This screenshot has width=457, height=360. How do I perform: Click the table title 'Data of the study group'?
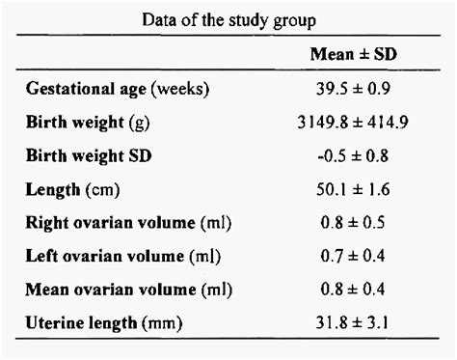pos(228,21)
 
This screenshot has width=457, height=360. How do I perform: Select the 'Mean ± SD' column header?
pos(353,54)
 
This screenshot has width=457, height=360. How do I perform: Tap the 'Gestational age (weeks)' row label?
pos(118,89)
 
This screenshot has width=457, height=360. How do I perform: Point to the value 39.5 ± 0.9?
pos(353,89)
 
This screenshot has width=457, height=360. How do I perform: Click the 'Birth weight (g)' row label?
pos(88,123)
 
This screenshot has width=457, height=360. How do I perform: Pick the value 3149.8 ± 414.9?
pos(353,123)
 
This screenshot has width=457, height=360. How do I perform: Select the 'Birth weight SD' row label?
pos(89,156)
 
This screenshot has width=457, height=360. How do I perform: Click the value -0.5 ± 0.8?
pos(353,155)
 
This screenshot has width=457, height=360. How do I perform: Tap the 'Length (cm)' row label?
pos(72,189)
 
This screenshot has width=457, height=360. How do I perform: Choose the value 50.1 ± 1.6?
pos(353,189)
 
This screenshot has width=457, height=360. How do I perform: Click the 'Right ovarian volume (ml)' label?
pos(128,223)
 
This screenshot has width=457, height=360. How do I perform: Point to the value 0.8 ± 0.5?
pos(353,223)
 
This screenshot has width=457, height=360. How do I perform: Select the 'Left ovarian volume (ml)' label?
pos(123,257)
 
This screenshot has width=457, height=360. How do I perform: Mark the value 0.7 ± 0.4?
pos(353,256)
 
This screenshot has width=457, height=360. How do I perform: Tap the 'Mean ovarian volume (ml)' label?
pos(128,290)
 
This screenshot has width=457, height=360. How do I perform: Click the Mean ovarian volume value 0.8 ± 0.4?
pos(353,290)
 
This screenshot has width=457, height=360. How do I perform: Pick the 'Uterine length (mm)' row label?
pos(104,323)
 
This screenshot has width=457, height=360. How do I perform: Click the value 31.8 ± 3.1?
pos(352,322)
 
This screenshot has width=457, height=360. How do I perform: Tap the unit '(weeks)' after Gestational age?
pos(180,89)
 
